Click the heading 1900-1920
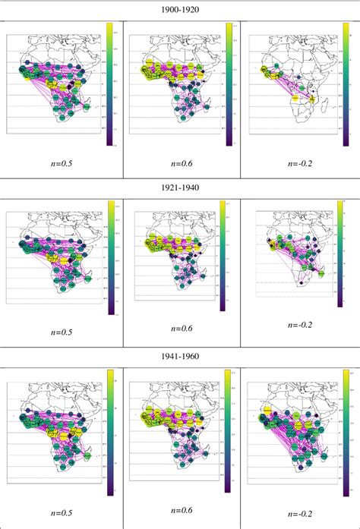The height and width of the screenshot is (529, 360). coord(179,9)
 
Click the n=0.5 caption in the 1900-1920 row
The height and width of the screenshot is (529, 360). coord(61,162)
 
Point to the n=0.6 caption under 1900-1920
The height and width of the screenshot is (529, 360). coord(179,162)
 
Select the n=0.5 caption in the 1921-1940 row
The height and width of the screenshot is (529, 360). coord(61,331)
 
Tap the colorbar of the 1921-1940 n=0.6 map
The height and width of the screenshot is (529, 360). coord(222,256)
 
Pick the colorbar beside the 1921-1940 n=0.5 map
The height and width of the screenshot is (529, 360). coord(111,257)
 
